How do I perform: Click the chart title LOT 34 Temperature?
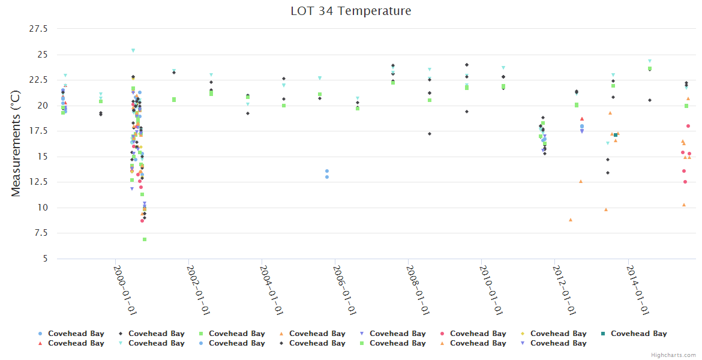point(351,11)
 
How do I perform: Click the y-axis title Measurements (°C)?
point(16,143)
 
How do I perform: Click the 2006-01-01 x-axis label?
point(345,289)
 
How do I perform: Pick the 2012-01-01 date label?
point(565,289)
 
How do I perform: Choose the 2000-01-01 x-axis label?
point(125,289)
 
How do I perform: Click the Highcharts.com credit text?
point(673,355)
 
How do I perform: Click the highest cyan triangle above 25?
point(133,50)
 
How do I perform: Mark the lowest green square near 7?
point(145,239)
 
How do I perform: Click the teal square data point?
point(616,135)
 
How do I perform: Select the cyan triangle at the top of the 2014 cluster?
point(650,61)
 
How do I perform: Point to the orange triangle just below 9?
point(571,220)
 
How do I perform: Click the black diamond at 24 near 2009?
point(467,65)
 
